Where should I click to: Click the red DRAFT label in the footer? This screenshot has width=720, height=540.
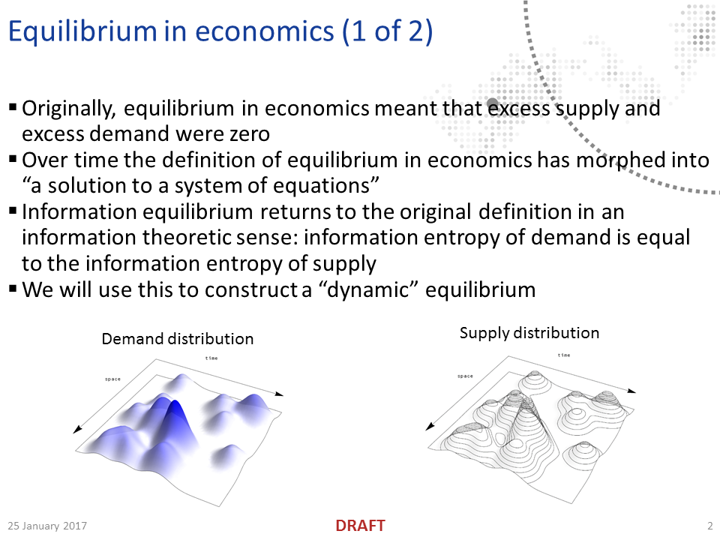coord(360,526)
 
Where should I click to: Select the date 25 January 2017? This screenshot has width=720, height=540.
coord(48,526)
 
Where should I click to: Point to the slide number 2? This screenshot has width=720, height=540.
coord(709,526)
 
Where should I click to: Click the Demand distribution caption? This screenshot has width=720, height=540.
coord(178,339)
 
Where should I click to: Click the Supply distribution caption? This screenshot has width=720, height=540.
coord(529,333)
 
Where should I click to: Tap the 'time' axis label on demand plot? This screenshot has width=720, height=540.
coord(211,358)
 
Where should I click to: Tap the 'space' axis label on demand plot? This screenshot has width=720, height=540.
coord(112,379)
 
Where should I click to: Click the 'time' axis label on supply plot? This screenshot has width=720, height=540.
coord(564,355)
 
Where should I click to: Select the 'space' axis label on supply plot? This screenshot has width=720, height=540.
coord(465,376)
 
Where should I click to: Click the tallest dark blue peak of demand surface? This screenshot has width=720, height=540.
coord(176,409)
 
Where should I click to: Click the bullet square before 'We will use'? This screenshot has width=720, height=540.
coord(13,289)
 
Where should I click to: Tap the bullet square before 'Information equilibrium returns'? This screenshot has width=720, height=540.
coord(13,211)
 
